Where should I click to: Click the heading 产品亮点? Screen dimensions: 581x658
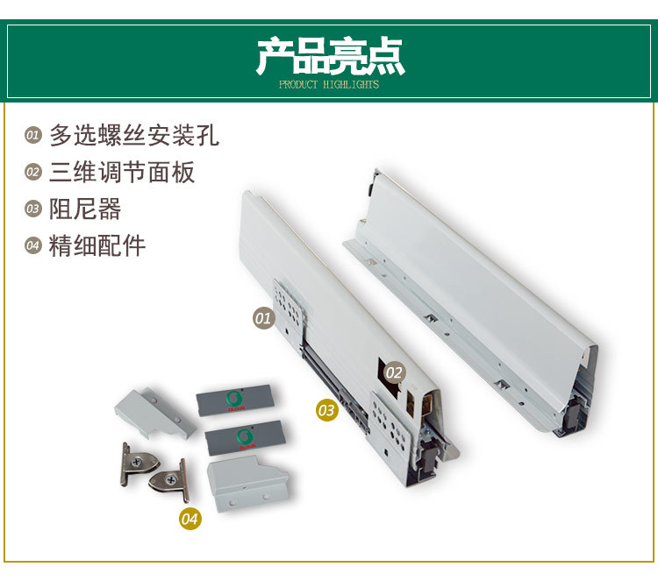[x=329, y=55]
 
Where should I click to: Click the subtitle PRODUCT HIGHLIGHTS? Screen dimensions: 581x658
[x=329, y=85]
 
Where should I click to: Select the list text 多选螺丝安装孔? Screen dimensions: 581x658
[x=133, y=135]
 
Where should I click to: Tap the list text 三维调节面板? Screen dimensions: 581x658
[x=122, y=172]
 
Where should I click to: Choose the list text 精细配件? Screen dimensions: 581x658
[x=97, y=245]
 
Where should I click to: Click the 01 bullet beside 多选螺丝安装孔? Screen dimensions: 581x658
[x=33, y=136]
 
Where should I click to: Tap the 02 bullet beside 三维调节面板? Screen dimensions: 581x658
[x=33, y=173]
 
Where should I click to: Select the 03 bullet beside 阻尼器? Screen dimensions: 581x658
[x=33, y=209]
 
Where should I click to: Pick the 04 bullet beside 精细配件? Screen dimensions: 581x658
[x=33, y=246]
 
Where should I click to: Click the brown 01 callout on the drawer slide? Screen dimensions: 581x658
[x=263, y=318]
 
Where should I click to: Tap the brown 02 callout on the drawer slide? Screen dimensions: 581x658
[x=394, y=372]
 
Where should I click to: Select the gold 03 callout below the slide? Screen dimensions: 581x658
[x=326, y=409]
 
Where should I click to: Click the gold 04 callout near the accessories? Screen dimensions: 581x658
[x=190, y=519]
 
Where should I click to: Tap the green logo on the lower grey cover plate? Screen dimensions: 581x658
[x=241, y=436]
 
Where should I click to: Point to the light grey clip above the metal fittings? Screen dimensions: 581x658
[x=155, y=412]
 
